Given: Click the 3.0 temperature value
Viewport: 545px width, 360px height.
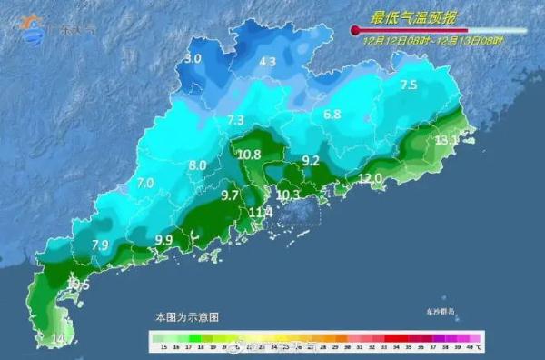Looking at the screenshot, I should coord(193,59).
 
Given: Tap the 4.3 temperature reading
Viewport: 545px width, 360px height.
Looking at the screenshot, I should coord(267,63).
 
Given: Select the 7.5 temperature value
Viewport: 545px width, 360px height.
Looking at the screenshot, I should coord(409,85).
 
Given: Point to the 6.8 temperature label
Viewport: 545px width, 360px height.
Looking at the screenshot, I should coord(332,115).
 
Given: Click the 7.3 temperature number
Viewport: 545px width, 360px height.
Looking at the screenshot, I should coord(236,120).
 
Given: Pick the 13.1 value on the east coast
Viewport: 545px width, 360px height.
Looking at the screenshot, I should coord(446,140).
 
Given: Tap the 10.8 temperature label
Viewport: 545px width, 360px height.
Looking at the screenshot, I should coord(249,155).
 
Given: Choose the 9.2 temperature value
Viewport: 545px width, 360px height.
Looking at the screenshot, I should coord(311,160).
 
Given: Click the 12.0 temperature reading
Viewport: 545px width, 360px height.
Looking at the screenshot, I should coord(371,178).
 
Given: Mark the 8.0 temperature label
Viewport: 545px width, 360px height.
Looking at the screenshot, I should coord(197,165).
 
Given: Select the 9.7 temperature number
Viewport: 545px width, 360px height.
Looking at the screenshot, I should coord(230,195).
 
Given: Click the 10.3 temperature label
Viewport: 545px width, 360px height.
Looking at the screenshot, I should coord(288,195).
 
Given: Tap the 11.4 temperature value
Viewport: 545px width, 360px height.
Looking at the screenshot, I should coord(261,213).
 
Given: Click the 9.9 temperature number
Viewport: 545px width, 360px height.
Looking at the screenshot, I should coord(163,240).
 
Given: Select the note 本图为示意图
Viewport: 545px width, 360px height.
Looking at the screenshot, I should coord(186,317).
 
